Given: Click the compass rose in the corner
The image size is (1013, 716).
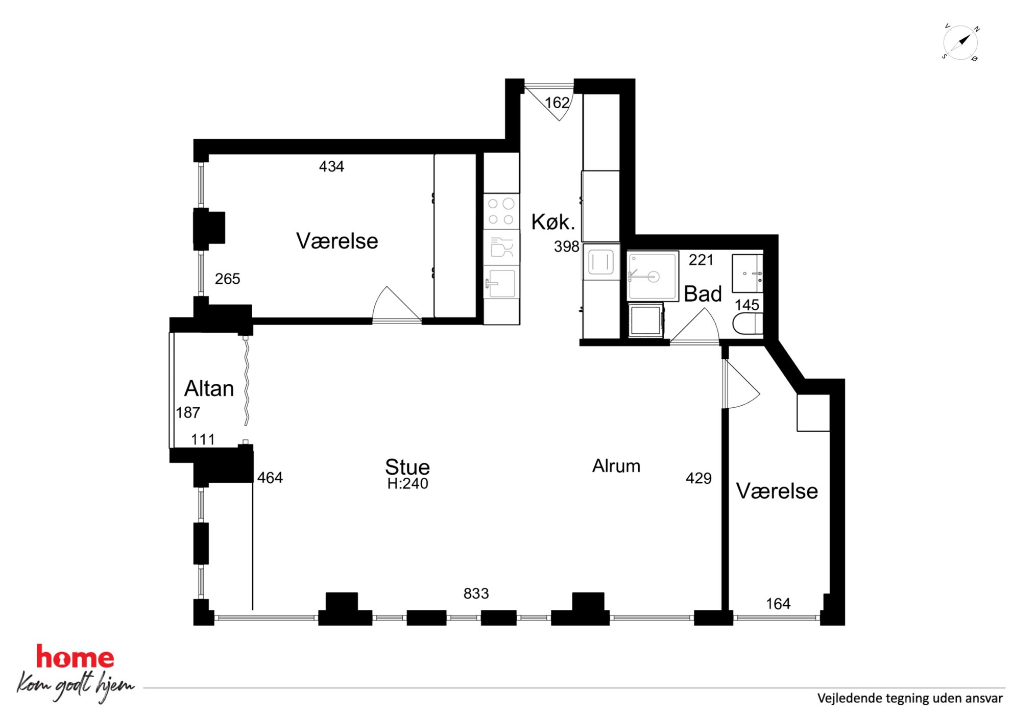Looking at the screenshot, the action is coord(960,42).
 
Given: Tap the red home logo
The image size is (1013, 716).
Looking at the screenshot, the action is coord(75,657).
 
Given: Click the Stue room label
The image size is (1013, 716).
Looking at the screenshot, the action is coord(407,467).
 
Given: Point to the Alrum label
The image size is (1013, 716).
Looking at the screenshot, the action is coord(616,466).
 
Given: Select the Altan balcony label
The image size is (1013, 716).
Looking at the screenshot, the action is coord(209,389).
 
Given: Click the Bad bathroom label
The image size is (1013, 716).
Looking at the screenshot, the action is coord(703,294).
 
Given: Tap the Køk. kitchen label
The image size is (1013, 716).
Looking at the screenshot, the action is coord(553,222).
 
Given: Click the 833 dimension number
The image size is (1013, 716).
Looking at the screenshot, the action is coord(476,594).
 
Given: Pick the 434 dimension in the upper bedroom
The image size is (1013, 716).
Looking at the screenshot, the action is coord(331,166).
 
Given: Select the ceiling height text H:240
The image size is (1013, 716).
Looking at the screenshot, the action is coord(407,484).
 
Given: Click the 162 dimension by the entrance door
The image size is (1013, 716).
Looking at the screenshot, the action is coord(557,103).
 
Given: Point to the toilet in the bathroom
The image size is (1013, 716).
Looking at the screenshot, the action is coord(748,324).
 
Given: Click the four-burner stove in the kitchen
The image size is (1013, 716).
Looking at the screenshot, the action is coord(501,211).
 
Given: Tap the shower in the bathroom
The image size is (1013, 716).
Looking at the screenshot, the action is coord(653,276).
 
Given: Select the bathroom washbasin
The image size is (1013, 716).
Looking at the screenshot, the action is coord(747,274).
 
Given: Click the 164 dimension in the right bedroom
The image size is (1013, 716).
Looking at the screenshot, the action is coord(778,604).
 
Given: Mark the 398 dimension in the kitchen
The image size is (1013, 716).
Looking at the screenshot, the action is coord(567,247).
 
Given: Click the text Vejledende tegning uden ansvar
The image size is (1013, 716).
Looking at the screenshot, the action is coord(910,699).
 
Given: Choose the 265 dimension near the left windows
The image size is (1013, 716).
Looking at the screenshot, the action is coord(227,279).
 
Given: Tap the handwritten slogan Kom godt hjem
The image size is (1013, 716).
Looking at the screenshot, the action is coord(76,686).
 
